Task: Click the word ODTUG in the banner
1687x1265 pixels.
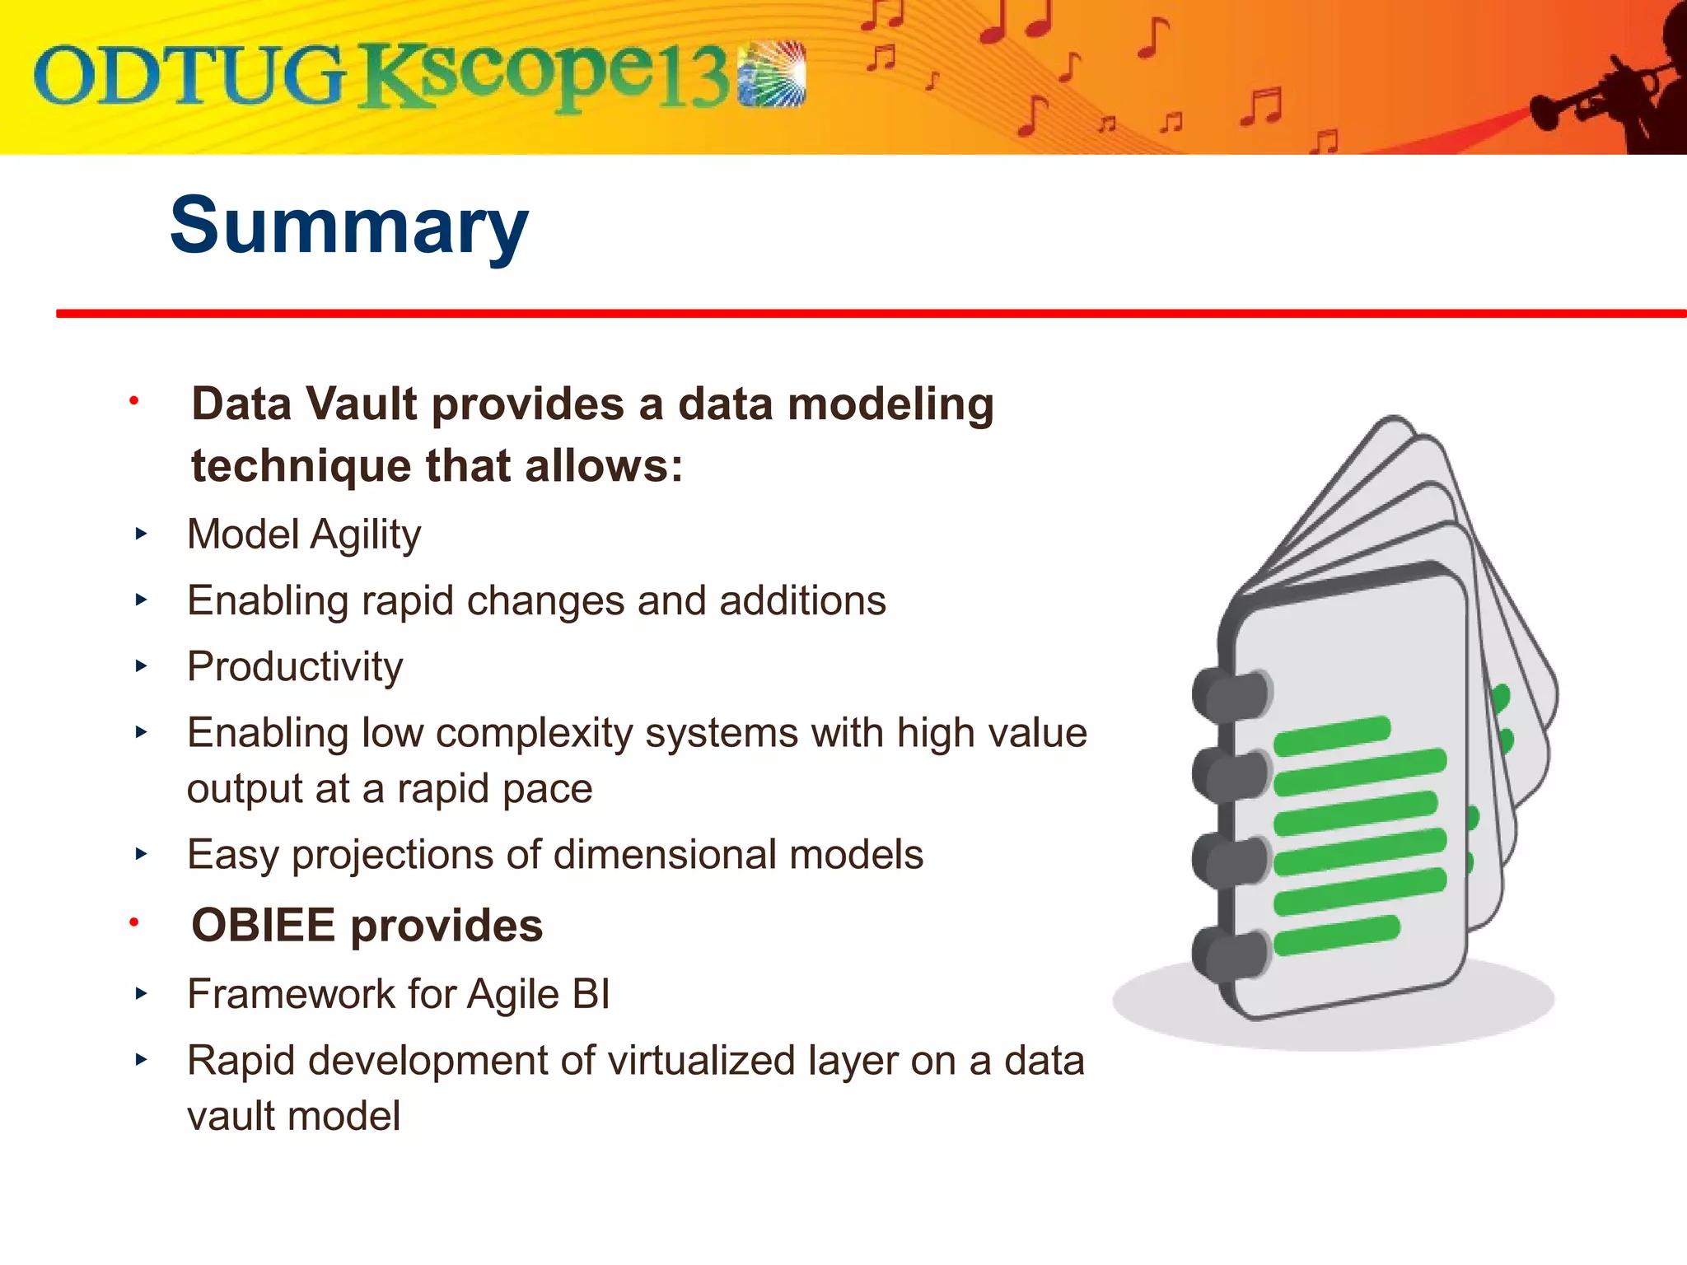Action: [x=188, y=77]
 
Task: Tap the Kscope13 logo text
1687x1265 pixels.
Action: [x=544, y=78]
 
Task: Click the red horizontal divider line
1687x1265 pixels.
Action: [x=865, y=314]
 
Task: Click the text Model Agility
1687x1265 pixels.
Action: [x=303, y=534]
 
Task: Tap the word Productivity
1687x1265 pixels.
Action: [x=295, y=666]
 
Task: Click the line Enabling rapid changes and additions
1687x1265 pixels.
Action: [x=535, y=600]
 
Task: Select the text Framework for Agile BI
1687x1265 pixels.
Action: [x=399, y=994]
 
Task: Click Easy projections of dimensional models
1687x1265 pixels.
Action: [x=554, y=854]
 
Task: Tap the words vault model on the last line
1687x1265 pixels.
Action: [x=293, y=1117]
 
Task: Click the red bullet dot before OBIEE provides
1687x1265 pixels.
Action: [x=133, y=923]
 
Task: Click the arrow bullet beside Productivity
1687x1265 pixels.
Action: [x=141, y=665]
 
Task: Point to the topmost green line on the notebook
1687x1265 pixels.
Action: [x=1332, y=735]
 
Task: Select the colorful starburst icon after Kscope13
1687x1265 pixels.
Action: [x=772, y=74]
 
